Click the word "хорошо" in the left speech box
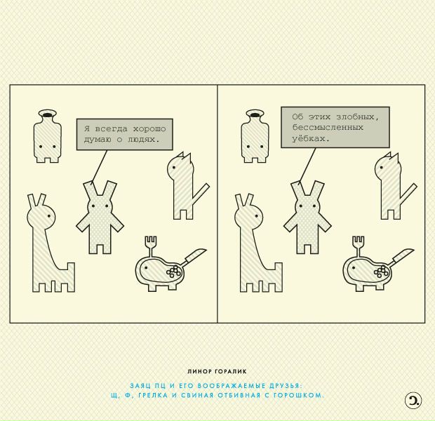point(149,129)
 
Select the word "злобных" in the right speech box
point(358,117)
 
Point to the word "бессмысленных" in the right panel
point(328,128)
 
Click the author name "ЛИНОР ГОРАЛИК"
point(217,371)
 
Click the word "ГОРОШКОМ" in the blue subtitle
point(298,395)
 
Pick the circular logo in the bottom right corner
point(413,401)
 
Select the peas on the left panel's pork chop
point(174,271)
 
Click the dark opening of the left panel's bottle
point(48,114)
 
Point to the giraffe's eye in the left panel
point(49,215)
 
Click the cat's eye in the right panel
point(382,167)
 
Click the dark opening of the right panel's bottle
point(255,114)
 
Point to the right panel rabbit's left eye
point(300,206)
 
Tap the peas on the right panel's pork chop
point(381,271)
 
